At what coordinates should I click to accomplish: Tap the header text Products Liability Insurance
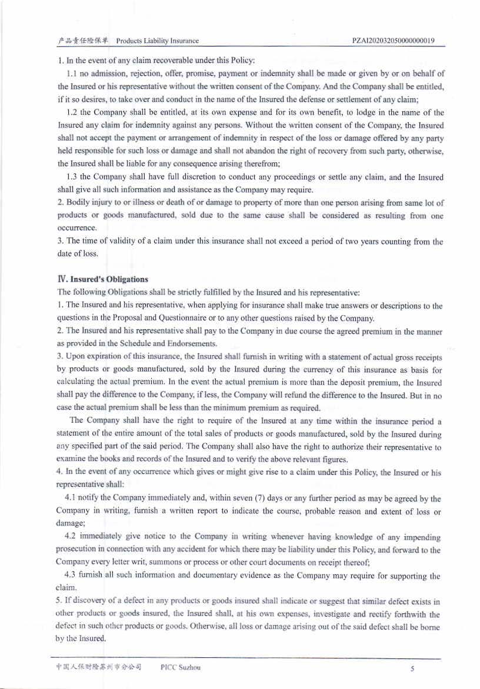click(157, 41)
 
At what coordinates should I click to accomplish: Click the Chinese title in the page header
click(83, 41)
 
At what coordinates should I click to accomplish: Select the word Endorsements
click(176, 343)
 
